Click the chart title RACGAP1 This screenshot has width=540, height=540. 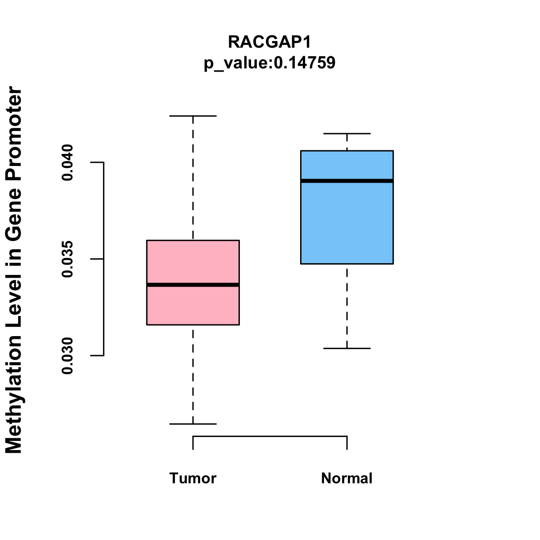click(x=270, y=42)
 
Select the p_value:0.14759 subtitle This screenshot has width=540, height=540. click(x=270, y=63)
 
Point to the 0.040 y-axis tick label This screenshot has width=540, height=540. click(x=67, y=162)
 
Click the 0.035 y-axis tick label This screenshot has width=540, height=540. click(x=67, y=259)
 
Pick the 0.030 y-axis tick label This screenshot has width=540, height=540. click(x=67, y=356)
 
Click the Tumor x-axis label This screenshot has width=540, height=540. click(x=193, y=478)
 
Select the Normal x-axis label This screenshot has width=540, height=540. click(x=347, y=478)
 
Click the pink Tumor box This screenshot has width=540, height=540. click(x=193, y=283)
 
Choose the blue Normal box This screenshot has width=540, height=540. click(x=347, y=207)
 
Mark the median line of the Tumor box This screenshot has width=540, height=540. click(x=193, y=285)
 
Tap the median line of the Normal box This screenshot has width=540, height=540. click(x=347, y=181)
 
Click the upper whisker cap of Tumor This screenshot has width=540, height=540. click(x=193, y=116)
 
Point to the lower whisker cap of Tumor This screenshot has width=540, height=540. click(x=193, y=424)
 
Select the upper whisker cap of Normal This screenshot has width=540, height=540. click(x=347, y=134)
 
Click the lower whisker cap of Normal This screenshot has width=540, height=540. click(x=347, y=348)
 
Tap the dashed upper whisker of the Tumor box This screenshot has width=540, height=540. click(x=193, y=178)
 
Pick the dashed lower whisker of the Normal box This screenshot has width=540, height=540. click(x=347, y=306)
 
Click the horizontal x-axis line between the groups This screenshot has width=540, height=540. click(x=270, y=436)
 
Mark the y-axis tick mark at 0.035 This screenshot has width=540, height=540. click(x=97, y=259)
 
